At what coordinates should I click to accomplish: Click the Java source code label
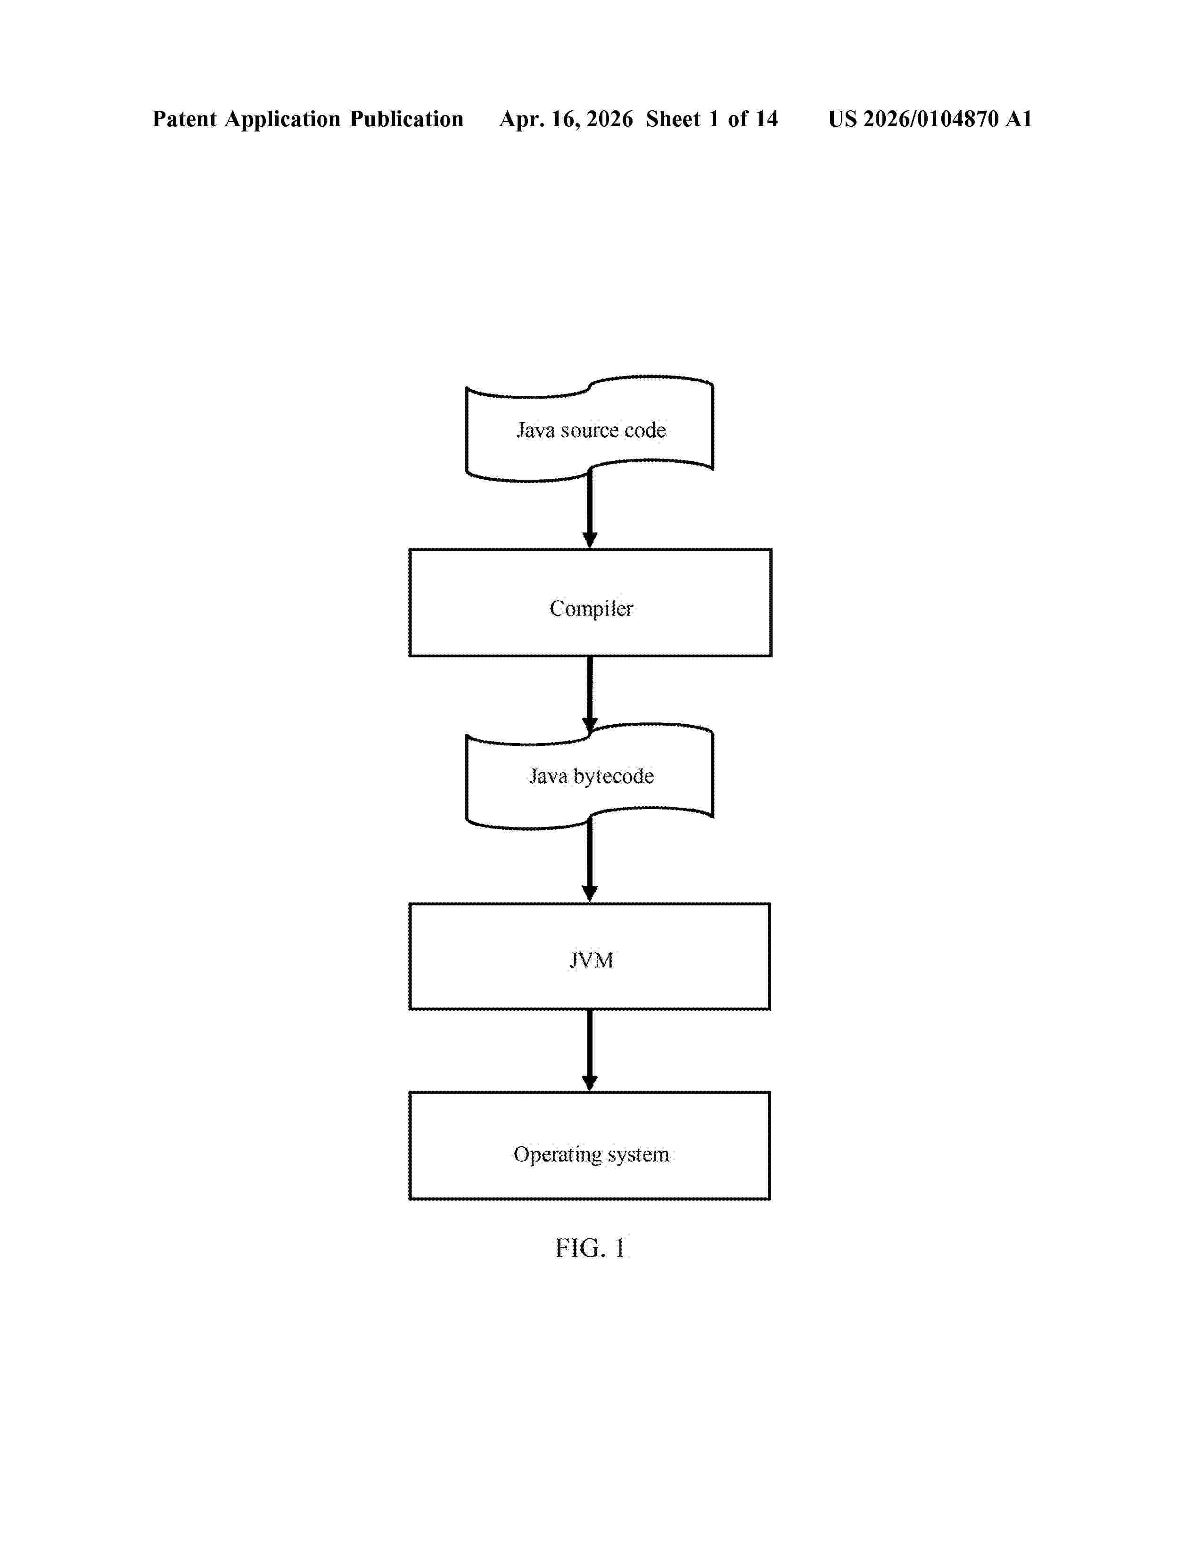591,430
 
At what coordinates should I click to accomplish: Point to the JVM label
591,960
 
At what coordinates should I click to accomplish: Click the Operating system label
591,1154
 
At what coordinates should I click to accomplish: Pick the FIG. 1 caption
590,1248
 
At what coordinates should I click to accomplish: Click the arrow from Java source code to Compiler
590,508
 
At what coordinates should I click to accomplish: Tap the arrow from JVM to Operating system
590,1050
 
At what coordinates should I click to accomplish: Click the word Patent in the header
184,119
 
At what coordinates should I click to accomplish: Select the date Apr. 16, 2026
566,119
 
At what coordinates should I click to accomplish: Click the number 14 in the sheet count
766,119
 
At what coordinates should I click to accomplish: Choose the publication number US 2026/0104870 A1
930,119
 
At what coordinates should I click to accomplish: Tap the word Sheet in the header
674,119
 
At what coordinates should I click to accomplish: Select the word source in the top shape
589,431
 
